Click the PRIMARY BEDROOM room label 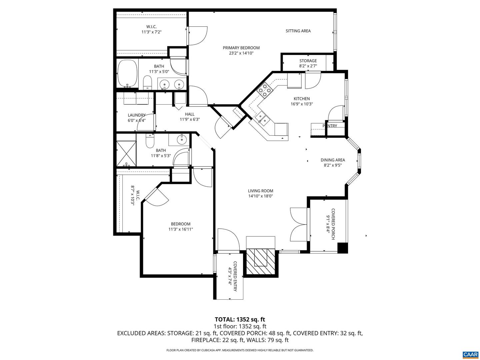(241, 48)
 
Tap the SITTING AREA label (298, 31)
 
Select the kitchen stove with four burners (264, 90)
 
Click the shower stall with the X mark (126, 154)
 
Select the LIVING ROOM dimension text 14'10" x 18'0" (260, 196)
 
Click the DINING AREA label (333, 160)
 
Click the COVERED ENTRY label (235, 276)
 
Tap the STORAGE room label (308, 61)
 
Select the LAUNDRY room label (136, 115)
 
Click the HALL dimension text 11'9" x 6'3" (190, 119)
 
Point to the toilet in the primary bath (147, 82)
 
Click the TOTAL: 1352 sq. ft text (240, 320)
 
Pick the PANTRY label (330, 126)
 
